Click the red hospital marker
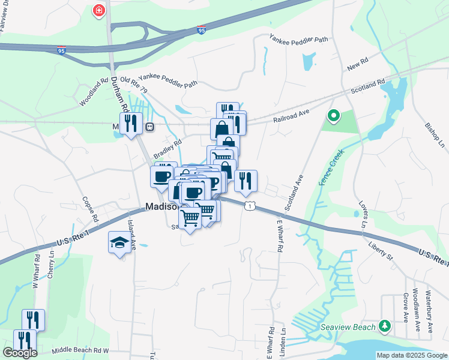pos(98,11)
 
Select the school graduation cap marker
pos(118,243)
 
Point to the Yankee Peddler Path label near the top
pos(299,40)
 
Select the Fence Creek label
pos(331,166)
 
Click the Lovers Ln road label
pos(363,215)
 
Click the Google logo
pos(20,353)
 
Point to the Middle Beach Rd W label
pos(80,350)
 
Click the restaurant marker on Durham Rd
pos(130,124)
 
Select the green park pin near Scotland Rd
pos(333,115)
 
